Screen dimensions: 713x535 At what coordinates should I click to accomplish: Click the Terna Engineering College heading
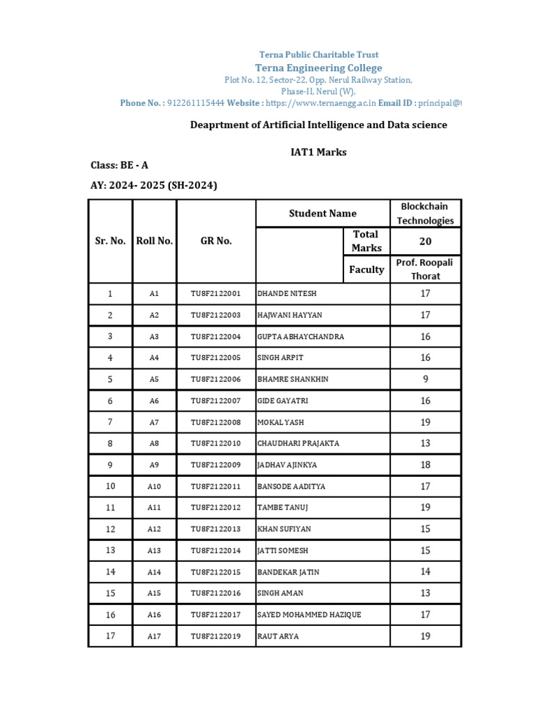(x=318, y=68)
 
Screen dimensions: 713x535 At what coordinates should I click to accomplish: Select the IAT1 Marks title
(x=318, y=152)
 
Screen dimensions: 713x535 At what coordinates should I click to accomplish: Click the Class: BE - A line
(x=119, y=165)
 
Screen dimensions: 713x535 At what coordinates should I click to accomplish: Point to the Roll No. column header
(x=154, y=241)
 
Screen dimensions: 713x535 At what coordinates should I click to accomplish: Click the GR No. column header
(x=216, y=241)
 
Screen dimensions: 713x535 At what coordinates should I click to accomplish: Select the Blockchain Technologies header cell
(x=425, y=213)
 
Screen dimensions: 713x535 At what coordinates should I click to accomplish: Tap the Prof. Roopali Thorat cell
(x=425, y=269)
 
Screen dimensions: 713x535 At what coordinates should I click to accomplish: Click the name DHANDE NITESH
(x=286, y=294)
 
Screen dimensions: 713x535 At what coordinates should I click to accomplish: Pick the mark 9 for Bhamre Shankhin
(x=425, y=379)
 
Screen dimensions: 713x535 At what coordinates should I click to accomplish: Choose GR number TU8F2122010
(x=215, y=444)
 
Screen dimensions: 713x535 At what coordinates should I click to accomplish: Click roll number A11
(x=154, y=508)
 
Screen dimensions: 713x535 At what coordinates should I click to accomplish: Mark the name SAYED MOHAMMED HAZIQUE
(x=309, y=615)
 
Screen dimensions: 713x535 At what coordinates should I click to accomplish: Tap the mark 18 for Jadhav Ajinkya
(x=425, y=464)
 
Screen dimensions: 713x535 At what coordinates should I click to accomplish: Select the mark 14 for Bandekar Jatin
(x=425, y=572)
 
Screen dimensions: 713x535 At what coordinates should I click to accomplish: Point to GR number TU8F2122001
(x=215, y=294)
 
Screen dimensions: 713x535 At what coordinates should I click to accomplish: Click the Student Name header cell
(x=323, y=213)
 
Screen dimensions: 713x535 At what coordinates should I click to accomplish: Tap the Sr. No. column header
(x=110, y=241)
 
